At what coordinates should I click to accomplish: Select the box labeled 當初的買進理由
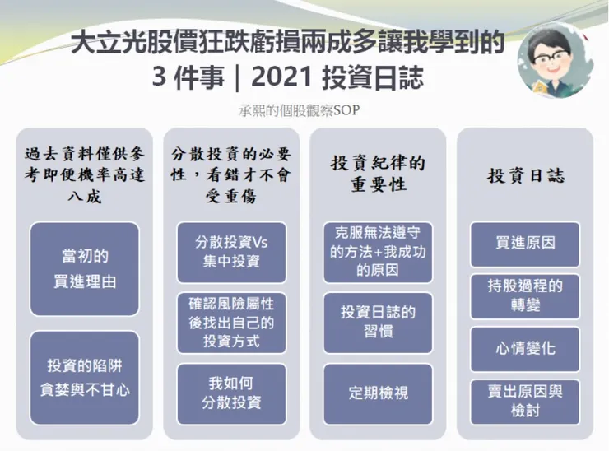tap(84, 268)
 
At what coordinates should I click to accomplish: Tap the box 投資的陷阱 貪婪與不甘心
tap(84, 377)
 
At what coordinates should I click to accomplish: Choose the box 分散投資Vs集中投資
tap(231, 252)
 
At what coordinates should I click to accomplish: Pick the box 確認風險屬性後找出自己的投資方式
tap(231, 323)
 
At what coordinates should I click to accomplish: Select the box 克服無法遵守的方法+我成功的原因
tap(378, 252)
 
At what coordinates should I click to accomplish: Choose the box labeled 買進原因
tap(525, 244)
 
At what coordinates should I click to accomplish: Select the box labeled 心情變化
tap(525, 348)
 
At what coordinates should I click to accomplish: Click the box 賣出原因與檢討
tap(525, 401)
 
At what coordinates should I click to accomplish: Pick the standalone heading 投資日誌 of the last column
tap(525, 175)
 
